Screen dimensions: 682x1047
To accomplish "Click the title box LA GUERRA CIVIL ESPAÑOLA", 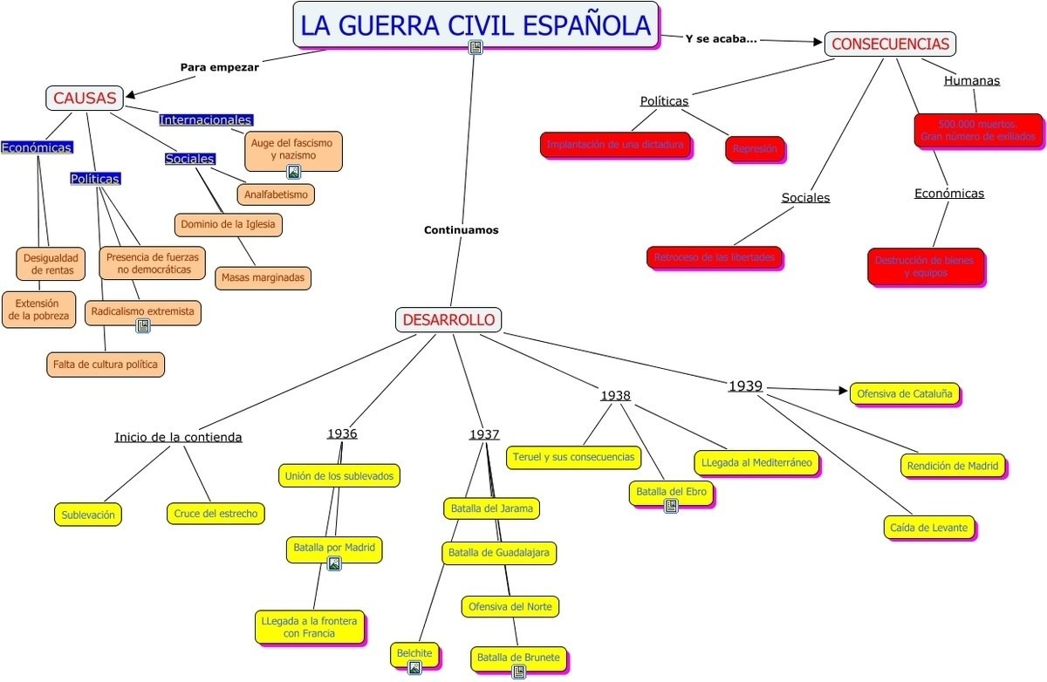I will click(x=476, y=24).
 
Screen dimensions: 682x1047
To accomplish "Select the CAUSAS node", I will click(x=85, y=98).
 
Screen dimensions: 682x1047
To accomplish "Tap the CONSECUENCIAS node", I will click(x=890, y=44).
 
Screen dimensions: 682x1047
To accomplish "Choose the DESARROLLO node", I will click(x=448, y=320).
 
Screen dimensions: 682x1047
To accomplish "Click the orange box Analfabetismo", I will click(x=276, y=194).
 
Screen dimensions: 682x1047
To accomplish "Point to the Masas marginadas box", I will click(x=263, y=277).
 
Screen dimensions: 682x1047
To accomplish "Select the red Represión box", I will click(x=755, y=149).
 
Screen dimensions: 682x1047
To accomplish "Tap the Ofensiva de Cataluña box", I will click(x=905, y=393).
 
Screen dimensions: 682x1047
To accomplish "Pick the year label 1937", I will click(x=484, y=434).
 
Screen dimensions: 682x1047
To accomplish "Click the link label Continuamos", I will click(x=461, y=230).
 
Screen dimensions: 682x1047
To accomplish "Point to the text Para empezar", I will click(x=220, y=66).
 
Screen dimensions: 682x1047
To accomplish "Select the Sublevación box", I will click(x=87, y=515).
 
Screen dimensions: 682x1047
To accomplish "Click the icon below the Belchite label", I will click(x=414, y=668).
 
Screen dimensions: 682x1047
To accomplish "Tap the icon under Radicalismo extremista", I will click(x=143, y=326).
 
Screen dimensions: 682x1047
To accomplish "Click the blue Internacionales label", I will click(x=206, y=119).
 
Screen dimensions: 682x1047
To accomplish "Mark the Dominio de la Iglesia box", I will click(x=228, y=224).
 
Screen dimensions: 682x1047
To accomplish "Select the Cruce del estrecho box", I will click(x=216, y=514).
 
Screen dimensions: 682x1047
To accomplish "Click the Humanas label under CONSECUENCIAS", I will click(x=971, y=80).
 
